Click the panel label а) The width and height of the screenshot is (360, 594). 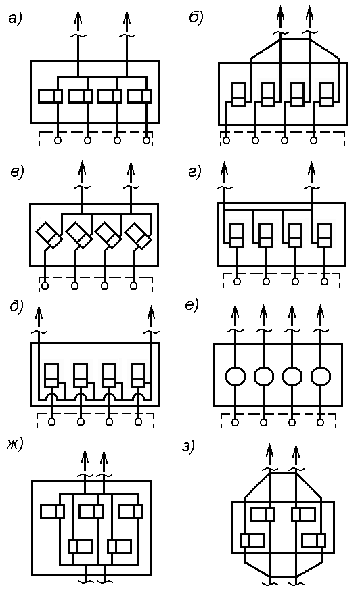15,18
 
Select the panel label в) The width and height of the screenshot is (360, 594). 17,173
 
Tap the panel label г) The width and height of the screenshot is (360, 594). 194,172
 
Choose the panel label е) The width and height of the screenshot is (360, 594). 192,305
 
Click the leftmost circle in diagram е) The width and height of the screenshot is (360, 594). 235,377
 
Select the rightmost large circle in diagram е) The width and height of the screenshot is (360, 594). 321,377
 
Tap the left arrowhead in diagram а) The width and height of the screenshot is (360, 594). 78,18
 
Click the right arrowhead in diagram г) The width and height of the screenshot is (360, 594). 311,169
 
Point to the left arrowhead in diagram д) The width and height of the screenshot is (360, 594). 39,313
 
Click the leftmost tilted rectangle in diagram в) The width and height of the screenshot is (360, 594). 49,235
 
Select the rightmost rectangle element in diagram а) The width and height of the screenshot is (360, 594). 139,95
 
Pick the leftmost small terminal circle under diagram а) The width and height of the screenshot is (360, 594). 58,141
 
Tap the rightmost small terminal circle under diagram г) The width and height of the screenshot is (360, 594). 324,281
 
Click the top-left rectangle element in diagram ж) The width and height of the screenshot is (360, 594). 52,511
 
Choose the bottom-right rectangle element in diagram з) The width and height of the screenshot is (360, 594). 314,541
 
